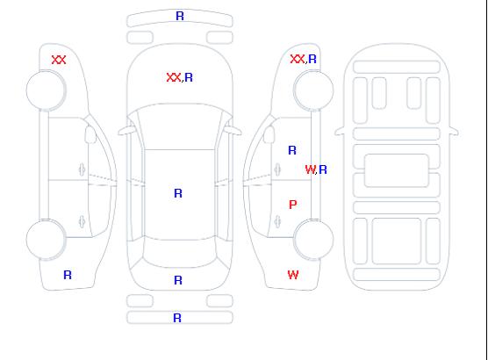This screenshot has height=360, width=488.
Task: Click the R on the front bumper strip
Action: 180,16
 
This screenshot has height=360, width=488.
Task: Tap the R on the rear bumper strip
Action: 177,318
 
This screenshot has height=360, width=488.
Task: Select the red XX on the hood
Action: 174,77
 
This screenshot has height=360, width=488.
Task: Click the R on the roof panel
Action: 178,193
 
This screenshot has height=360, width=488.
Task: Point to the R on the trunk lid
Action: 178,280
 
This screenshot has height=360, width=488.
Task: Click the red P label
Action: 293,205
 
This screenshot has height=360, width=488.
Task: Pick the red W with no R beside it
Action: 293,275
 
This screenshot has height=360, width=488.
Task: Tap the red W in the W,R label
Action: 310,169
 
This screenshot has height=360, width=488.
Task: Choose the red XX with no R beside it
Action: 59,60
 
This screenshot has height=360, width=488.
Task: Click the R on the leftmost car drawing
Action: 68,275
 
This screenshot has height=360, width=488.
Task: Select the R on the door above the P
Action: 292,150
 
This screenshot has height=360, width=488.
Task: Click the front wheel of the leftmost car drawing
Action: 46,90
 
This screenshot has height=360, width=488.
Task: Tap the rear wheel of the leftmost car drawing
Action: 46,240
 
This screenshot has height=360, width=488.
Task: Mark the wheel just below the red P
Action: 313,240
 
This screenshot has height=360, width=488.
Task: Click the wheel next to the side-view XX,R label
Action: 313,90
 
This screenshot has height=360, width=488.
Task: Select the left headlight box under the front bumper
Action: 140,38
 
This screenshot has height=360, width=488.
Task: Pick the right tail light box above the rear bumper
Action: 219,301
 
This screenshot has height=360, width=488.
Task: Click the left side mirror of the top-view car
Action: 126,131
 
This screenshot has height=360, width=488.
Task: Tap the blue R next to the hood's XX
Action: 189,77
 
